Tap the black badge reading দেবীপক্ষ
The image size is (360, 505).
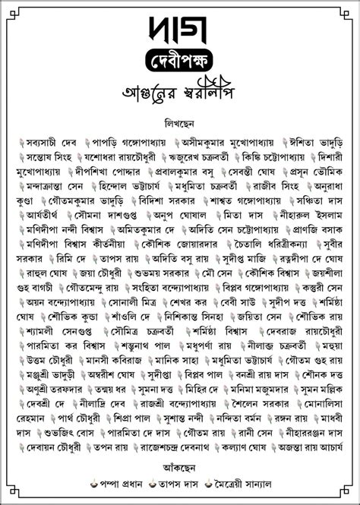pos(179,59)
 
